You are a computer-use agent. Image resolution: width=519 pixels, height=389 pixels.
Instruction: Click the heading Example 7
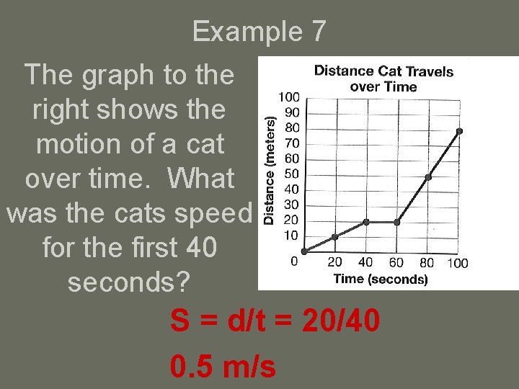pyautogui.click(x=259, y=32)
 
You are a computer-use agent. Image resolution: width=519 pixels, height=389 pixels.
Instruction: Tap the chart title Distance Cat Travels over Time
pyautogui.click(x=383, y=79)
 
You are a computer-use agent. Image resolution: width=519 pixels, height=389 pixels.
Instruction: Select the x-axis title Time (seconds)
pyautogui.click(x=380, y=279)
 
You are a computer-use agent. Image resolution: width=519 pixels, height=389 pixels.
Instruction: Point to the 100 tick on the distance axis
pyautogui.click(x=289, y=97)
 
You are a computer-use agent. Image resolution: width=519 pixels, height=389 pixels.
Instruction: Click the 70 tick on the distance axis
pyautogui.click(x=292, y=143)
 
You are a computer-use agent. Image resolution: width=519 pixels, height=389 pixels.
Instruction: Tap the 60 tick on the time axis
pyautogui.click(x=396, y=263)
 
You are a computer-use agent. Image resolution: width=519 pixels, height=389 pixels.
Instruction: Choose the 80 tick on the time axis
pyautogui.click(x=427, y=263)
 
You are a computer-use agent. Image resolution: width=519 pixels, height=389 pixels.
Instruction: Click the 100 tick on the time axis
pyautogui.click(x=458, y=263)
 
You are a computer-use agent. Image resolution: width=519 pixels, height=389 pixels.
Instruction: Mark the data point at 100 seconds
pyautogui.click(x=459, y=131)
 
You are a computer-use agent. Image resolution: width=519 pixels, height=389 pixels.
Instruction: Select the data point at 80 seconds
pyautogui.click(x=428, y=177)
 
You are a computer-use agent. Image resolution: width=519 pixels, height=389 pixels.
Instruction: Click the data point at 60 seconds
pyautogui.click(x=397, y=222)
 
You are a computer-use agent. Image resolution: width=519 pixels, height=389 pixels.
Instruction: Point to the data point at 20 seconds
pyautogui.click(x=335, y=237)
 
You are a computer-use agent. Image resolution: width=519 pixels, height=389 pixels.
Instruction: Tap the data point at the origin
pyautogui.click(x=304, y=251)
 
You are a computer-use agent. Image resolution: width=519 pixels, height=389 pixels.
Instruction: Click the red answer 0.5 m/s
pyautogui.click(x=223, y=367)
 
